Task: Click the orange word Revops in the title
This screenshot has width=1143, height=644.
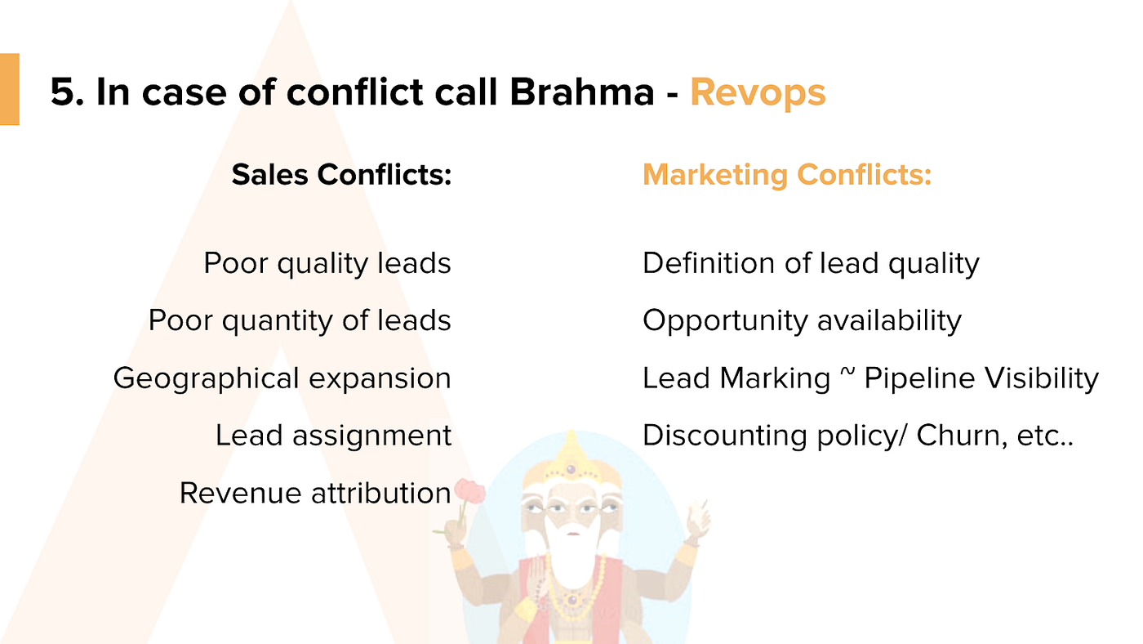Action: [758, 93]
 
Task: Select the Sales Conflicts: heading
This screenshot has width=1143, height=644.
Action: [341, 175]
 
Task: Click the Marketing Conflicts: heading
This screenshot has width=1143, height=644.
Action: [787, 175]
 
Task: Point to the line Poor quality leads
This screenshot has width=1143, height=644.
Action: [327, 263]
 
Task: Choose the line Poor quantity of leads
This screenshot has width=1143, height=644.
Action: [300, 320]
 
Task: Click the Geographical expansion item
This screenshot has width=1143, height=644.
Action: [282, 378]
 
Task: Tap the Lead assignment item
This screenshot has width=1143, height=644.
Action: [333, 436]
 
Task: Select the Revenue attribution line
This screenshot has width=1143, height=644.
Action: [315, 494]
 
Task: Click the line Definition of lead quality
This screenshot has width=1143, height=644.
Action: [811, 263]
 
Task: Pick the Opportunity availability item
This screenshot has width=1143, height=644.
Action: [802, 321]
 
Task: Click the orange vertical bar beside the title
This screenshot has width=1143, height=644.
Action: [10, 89]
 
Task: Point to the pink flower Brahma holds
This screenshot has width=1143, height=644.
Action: [469, 491]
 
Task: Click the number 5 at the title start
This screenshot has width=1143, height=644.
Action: [63, 92]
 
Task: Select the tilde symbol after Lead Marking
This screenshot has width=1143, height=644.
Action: [847, 373]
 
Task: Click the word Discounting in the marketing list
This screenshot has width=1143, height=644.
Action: [724, 436]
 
